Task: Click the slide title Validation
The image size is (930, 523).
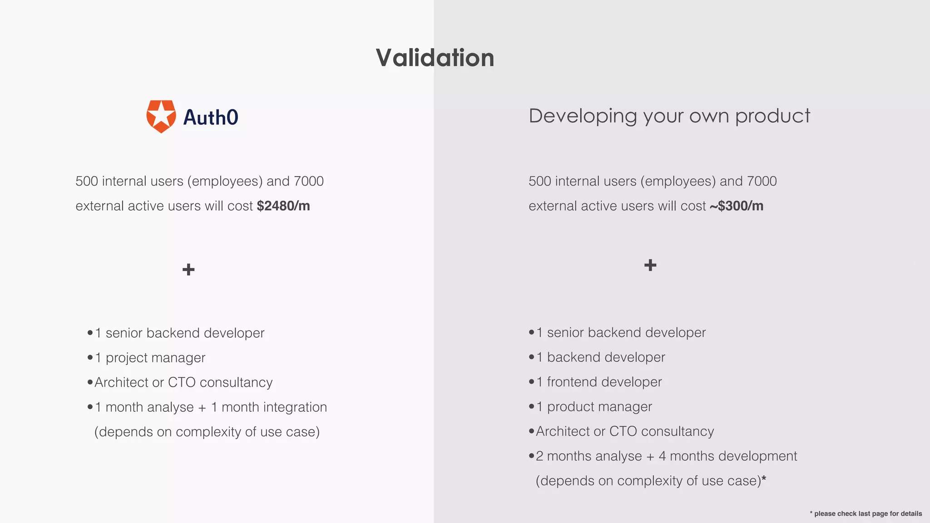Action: pyautogui.click(x=435, y=58)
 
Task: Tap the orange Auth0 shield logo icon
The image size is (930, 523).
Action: pyautogui.click(x=161, y=116)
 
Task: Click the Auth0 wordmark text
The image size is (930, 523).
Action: pyautogui.click(x=210, y=118)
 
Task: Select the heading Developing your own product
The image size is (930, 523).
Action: pyautogui.click(x=669, y=116)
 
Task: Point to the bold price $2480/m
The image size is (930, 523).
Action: pyautogui.click(x=283, y=206)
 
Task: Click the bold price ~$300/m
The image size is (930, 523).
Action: pyautogui.click(x=736, y=206)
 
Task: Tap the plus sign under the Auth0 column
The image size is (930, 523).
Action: pyautogui.click(x=188, y=270)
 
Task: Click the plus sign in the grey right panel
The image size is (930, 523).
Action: pyautogui.click(x=650, y=265)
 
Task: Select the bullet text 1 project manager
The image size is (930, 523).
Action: pyautogui.click(x=150, y=358)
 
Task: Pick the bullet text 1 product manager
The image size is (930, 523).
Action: pyautogui.click(x=594, y=407)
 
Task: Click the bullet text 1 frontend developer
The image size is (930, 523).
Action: pyautogui.click(x=599, y=382)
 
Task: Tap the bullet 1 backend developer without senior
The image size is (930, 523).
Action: pyautogui.click(x=600, y=357)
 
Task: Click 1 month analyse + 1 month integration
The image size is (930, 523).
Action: pyautogui.click(x=211, y=407)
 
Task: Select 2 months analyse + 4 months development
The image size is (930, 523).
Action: pyautogui.click(x=666, y=456)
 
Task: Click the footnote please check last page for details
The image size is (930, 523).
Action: pyautogui.click(x=867, y=513)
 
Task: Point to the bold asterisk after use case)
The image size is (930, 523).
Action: pyautogui.click(x=764, y=479)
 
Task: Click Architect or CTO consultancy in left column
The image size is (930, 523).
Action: pyautogui.click(x=183, y=382)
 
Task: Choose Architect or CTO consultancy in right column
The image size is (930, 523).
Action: pyautogui.click(x=625, y=431)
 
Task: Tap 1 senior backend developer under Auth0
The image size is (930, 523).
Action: pyautogui.click(x=179, y=333)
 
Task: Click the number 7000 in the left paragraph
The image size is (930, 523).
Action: pyautogui.click(x=308, y=181)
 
